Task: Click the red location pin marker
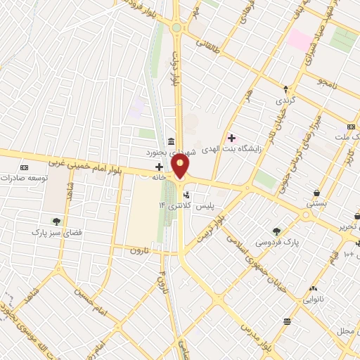point(181,167)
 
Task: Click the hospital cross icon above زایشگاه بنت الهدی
point(231,138)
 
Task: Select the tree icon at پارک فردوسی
point(276,231)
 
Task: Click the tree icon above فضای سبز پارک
point(56,221)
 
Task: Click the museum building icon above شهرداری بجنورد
point(172,141)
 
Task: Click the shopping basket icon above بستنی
point(317,192)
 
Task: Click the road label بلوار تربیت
point(229,226)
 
